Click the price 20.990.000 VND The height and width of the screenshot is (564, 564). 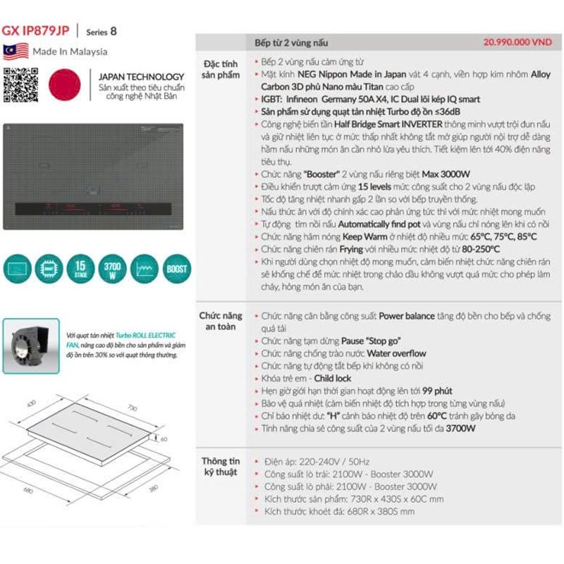[517, 42]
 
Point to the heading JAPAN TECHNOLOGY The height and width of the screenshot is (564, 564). [141, 76]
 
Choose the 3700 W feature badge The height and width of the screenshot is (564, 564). [112, 268]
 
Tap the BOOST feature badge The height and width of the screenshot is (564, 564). [177, 269]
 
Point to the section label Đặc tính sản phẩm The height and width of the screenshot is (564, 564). [221, 70]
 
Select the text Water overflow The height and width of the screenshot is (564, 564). [395, 354]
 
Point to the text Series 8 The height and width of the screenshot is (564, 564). [102, 32]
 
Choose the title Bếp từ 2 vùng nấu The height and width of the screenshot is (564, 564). [291, 43]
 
